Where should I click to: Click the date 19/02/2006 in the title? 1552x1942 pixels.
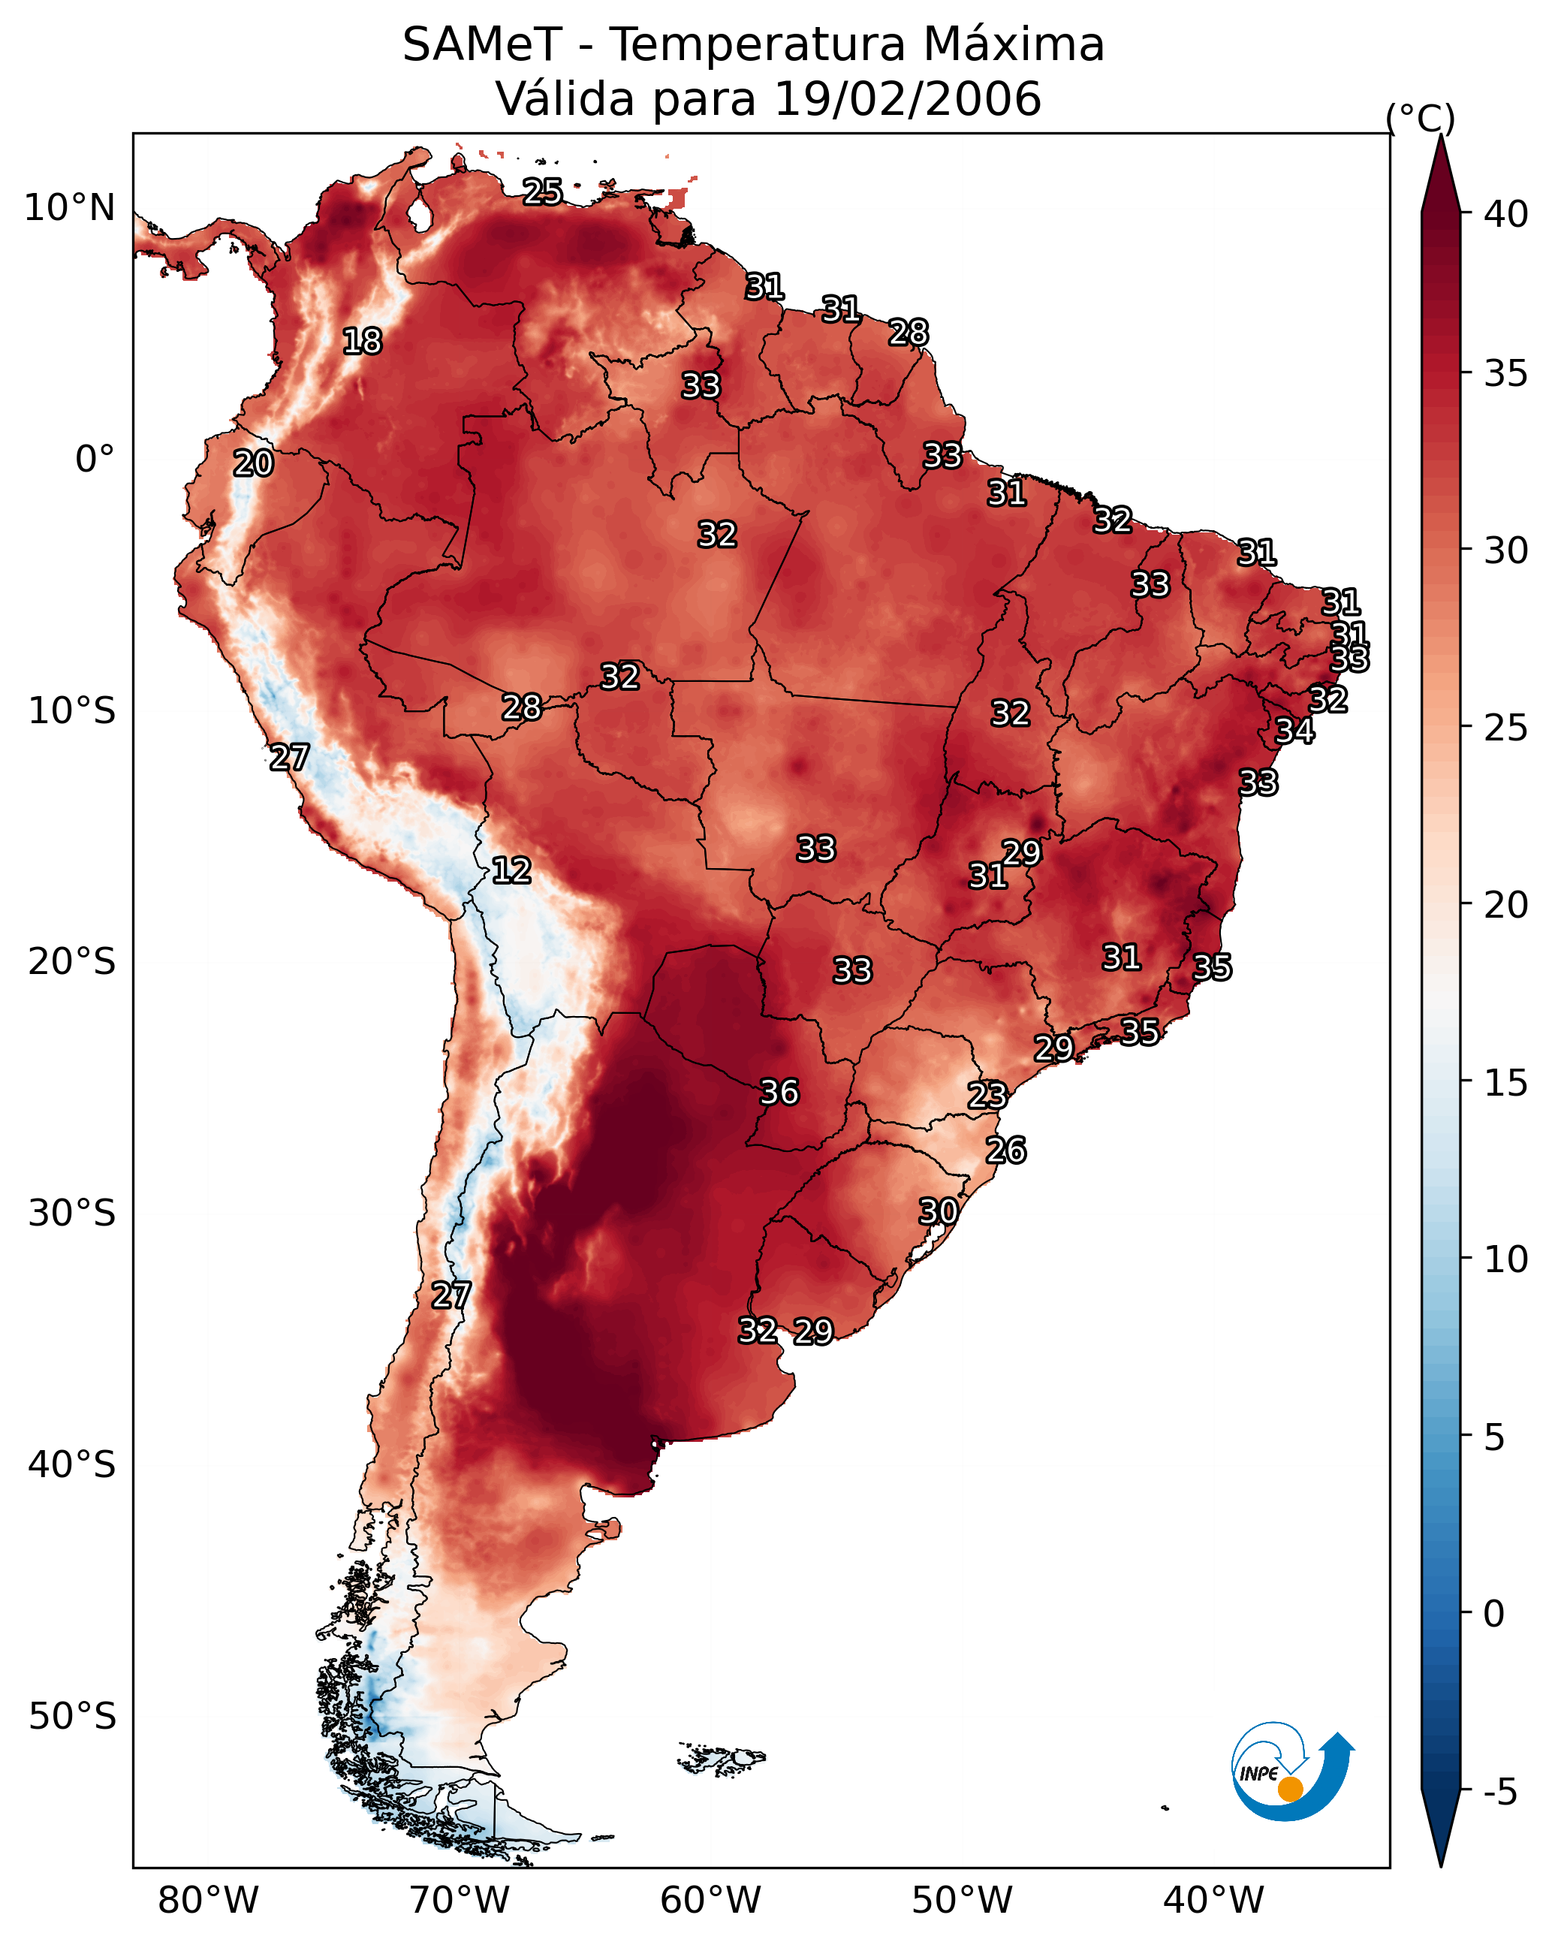point(907,98)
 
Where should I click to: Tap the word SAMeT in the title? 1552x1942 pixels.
point(482,44)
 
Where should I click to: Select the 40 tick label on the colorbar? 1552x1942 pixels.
point(1507,213)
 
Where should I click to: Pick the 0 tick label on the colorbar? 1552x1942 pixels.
point(1494,1614)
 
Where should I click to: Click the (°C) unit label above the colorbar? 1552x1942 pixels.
point(1421,118)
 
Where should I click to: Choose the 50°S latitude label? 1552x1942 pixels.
point(72,1717)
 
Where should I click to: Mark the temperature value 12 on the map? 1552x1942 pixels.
point(511,870)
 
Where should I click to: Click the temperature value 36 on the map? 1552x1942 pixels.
point(780,1093)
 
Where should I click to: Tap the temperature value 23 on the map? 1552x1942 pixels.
point(987,1096)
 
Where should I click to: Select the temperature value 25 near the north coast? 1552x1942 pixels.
point(543,191)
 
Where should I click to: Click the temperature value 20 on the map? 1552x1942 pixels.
point(253,464)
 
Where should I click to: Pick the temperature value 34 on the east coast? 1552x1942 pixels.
point(1295,731)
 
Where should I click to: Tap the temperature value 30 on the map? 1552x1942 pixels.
point(939,1211)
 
